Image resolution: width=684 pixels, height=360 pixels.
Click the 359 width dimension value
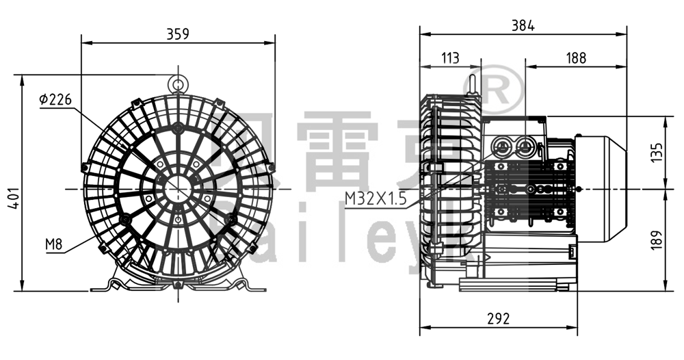pyautogui.click(x=178, y=34)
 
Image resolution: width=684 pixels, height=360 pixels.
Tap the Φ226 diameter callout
pyautogui.click(x=55, y=100)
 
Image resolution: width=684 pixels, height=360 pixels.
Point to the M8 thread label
pyautogui.click(x=54, y=244)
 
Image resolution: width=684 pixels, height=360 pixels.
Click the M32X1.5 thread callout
pyautogui.click(x=375, y=198)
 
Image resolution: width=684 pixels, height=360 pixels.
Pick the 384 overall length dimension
pyautogui.click(x=523, y=25)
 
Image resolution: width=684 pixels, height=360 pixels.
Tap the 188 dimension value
pyautogui.click(x=576, y=58)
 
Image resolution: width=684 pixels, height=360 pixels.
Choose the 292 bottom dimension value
pyautogui.click(x=499, y=318)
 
